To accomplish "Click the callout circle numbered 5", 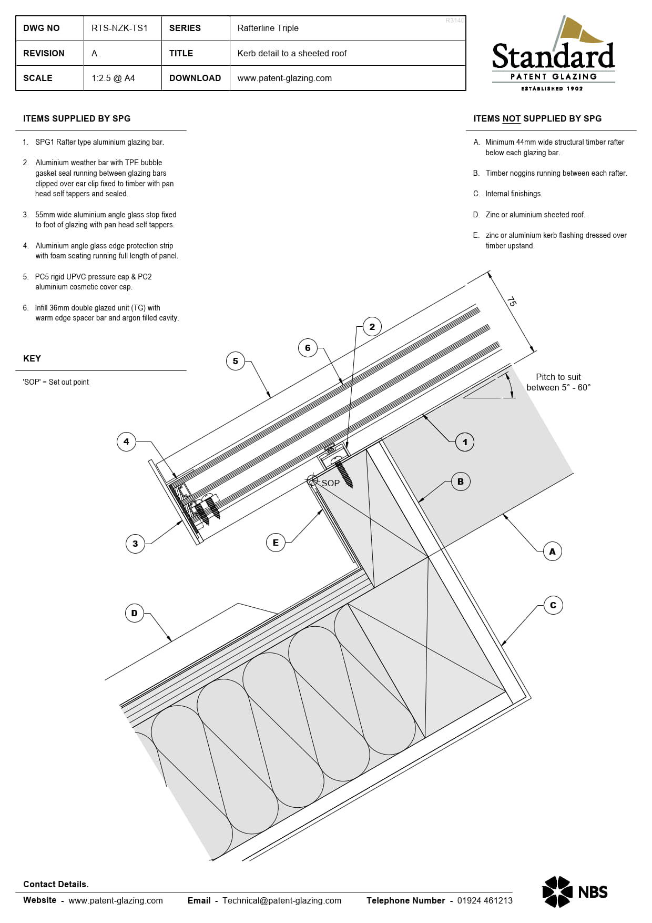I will pyautogui.click(x=236, y=361).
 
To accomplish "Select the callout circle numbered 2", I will pyautogui.click(x=372, y=327).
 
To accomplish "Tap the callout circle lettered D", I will pyautogui.click(x=135, y=613).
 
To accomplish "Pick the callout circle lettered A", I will pyautogui.click(x=552, y=551).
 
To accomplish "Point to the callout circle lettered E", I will pyautogui.click(x=276, y=543).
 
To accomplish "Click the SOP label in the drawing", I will pyautogui.click(x=330, y=483).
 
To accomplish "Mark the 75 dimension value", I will pyautogui.click(x=512, y=302).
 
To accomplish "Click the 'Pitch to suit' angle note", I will pyautogui.click(x=558, y=382).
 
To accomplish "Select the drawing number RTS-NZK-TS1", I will pyautogui.click(x=119, y=28).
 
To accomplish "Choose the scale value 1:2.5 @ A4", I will pyautogui.click(x=113, y=78).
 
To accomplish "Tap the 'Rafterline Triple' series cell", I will pyautogui.click(x=268, y=28).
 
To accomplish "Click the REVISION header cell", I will pyautogui.click(x=44, y=53).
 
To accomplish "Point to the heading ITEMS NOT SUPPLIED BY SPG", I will pyautogui.click(x=537, y=119).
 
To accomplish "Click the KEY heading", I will pyautogui.click(x=32, y=358).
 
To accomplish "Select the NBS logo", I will pyautogui.click(x=575, y=892).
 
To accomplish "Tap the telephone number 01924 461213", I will pyautogui.click(x=485, y=900).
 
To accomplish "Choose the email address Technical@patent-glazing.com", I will pyautogui.click(x=282, y=900).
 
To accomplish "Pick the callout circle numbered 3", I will pyautogui.click(x=135, y=544).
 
